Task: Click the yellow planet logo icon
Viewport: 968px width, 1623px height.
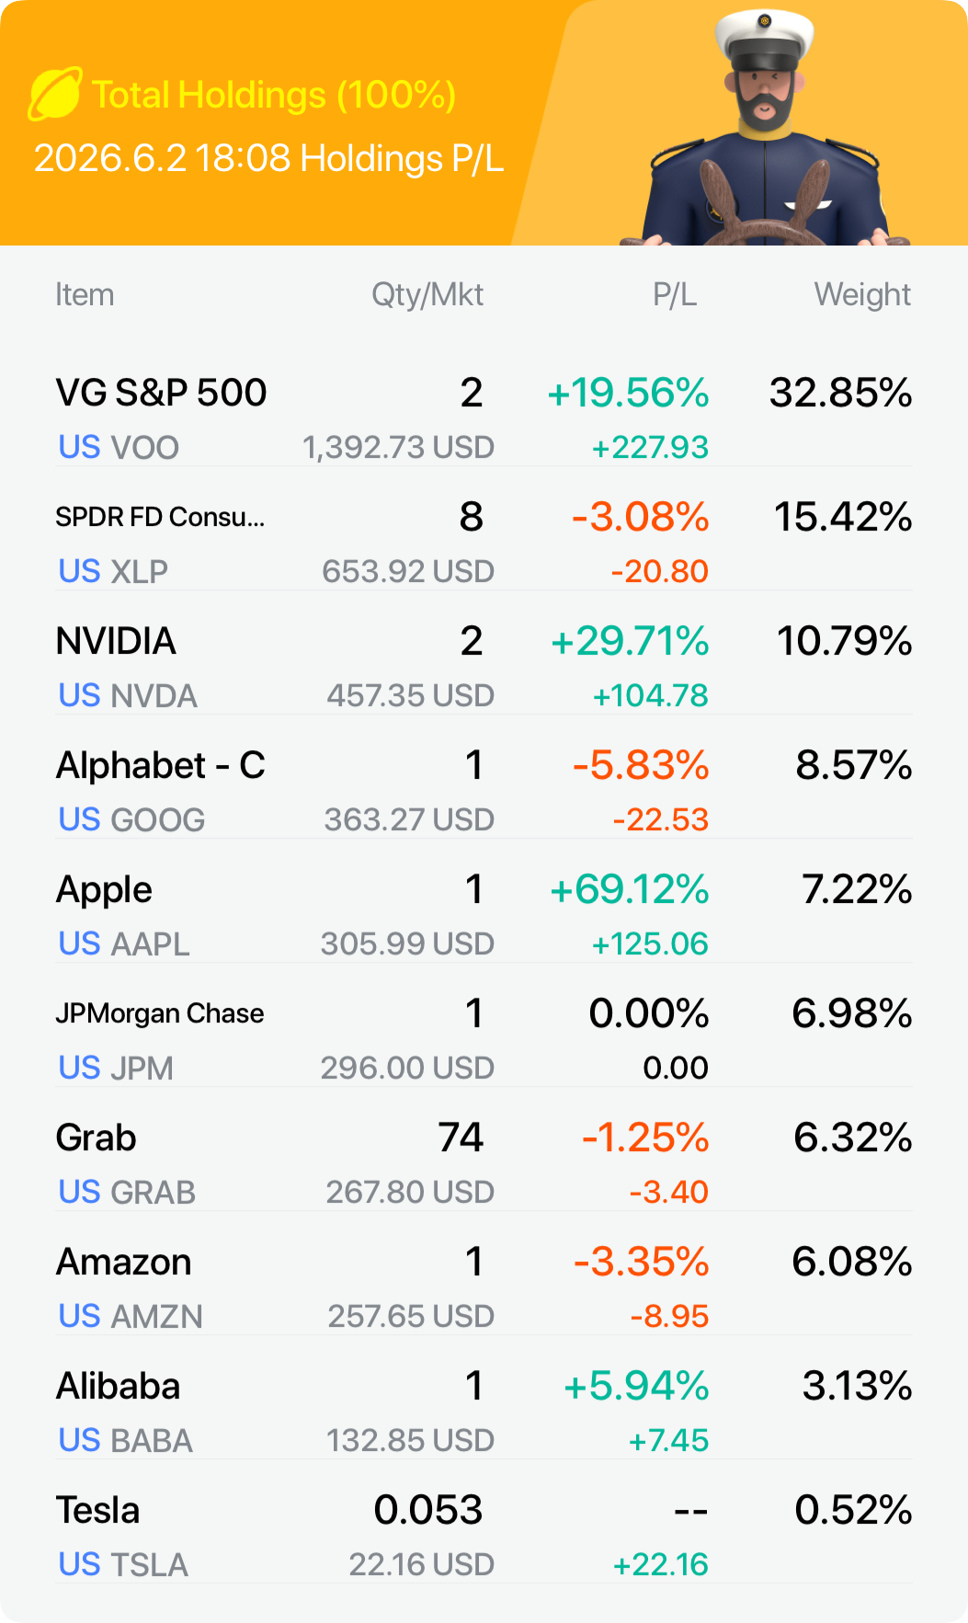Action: point(55,94)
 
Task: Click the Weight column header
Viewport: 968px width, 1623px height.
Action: point(862,294)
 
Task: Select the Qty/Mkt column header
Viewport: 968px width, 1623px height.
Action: point(427,294)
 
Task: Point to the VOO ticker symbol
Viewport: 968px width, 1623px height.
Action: point(145,448)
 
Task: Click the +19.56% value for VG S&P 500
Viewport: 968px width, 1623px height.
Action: point(628,393)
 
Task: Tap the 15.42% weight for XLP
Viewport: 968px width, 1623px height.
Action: point(843,517)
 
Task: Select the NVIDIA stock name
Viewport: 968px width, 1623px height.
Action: point(116,641)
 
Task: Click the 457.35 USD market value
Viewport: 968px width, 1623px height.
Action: point(411,695)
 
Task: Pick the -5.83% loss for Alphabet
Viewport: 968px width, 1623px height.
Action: point(641,765)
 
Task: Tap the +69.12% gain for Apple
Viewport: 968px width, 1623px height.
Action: point(630,889)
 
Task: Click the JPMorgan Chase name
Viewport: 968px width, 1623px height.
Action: point(160,1013)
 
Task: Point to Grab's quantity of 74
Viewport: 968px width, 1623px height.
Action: point(461,1137)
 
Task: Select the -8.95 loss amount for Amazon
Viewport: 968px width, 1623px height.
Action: point(669,1316)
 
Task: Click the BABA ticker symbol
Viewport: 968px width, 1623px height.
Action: point(152,1441)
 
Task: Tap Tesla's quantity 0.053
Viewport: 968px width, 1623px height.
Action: point(428,1510)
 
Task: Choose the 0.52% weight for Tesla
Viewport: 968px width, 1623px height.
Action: point(854,1510)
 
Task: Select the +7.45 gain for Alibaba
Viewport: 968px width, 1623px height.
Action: point(668,1440)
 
